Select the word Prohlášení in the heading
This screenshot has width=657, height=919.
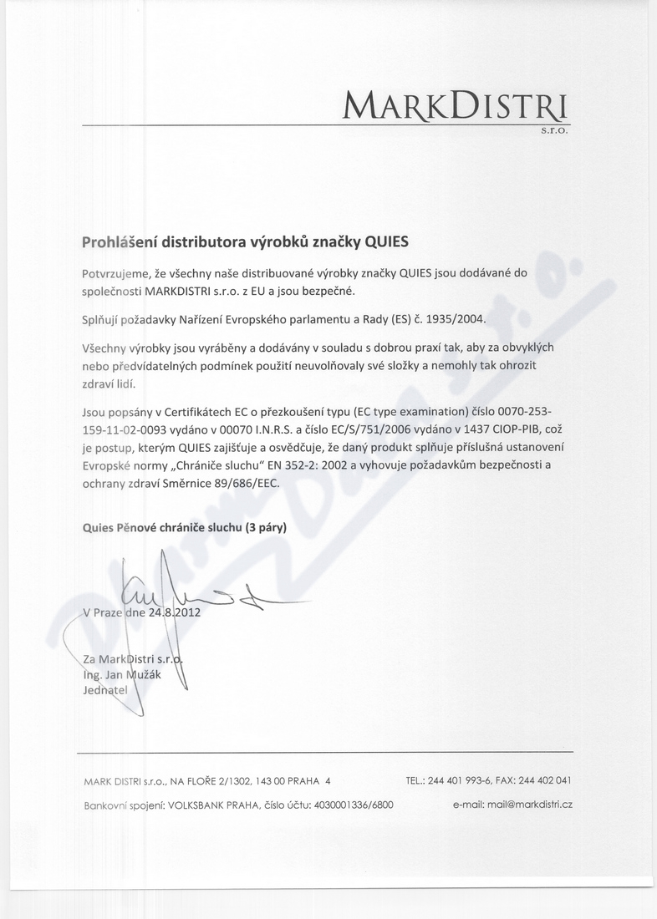point(118,242)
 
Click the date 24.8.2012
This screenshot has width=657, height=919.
point(175,612)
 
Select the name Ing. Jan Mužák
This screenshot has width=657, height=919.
point(124,675)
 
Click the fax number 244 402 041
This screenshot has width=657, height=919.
point(544,781)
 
